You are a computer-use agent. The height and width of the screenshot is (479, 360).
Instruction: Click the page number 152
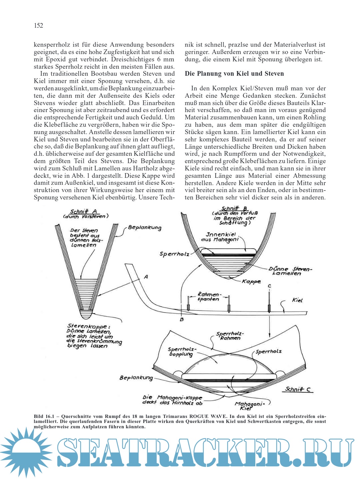pyautogui.click(x=38, y=26)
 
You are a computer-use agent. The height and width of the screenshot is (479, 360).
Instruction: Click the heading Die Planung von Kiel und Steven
pyautogui.click(x=234, y=74)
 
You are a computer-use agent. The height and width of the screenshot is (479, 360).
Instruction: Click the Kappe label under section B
pyautogui.click(x=251, y=282)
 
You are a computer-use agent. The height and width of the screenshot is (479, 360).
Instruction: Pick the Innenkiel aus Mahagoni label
pyautogui.click(x=220, y=237)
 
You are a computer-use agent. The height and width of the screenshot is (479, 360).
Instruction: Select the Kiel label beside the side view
pyautogui.click(x=297, y=300)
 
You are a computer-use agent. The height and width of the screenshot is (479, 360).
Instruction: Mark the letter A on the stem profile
pyautogui.click(x=146, y=277)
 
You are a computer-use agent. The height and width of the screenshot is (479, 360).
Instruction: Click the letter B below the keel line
pyautogui.click(x=182, y=319)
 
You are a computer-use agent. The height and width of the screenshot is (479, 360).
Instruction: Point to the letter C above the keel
pyautogui.click(x=269, y=286)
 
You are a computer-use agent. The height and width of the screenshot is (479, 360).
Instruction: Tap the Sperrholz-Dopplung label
pyautogui.click(x=182, y=352)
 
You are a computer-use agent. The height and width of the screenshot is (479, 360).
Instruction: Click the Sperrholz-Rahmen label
pyautogui.click(x=230, y=336)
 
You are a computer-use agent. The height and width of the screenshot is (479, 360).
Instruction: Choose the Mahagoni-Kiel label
pyautogui.click(x=249, y=406)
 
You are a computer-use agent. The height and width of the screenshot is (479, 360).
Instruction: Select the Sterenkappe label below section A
pyautogui.click(x=87, y=326)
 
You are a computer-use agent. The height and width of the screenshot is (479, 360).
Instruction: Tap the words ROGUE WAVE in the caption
pyautogui.click(x=206, y=416)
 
